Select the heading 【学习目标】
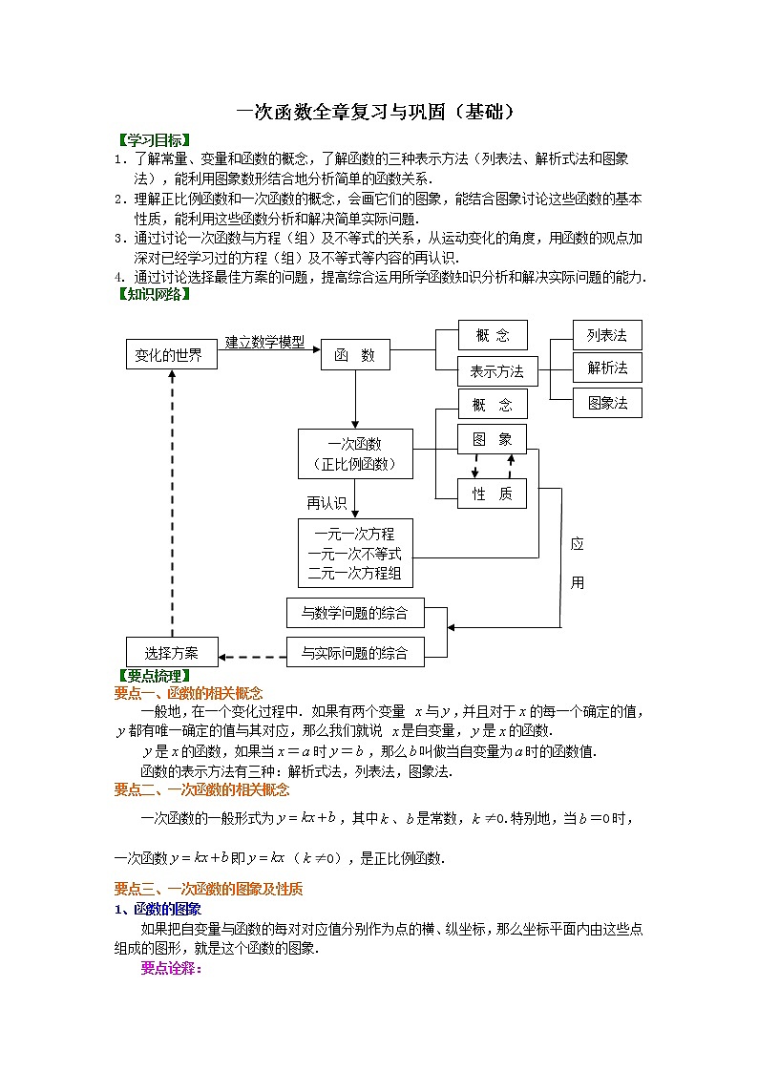click(152, 140)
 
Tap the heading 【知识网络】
click(152, 293)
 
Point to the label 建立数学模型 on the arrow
click(264, 342)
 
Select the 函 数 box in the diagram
click(354, 355)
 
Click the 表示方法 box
click(497, 370)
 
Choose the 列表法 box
click(607, 335)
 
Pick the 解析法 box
click(607, 368)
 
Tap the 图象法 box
click(607, 403)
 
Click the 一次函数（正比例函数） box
click(355, 453)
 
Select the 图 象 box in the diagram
click(492, 439)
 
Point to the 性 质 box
click(492, 493)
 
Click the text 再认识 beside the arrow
click(326, 502)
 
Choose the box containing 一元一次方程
click(355, 553)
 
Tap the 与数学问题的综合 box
click(354, 613)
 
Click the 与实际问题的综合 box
click(354, 653)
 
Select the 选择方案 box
click(172, 653)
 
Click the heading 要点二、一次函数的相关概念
click(201, 789)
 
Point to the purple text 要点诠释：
click(171, 968)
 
